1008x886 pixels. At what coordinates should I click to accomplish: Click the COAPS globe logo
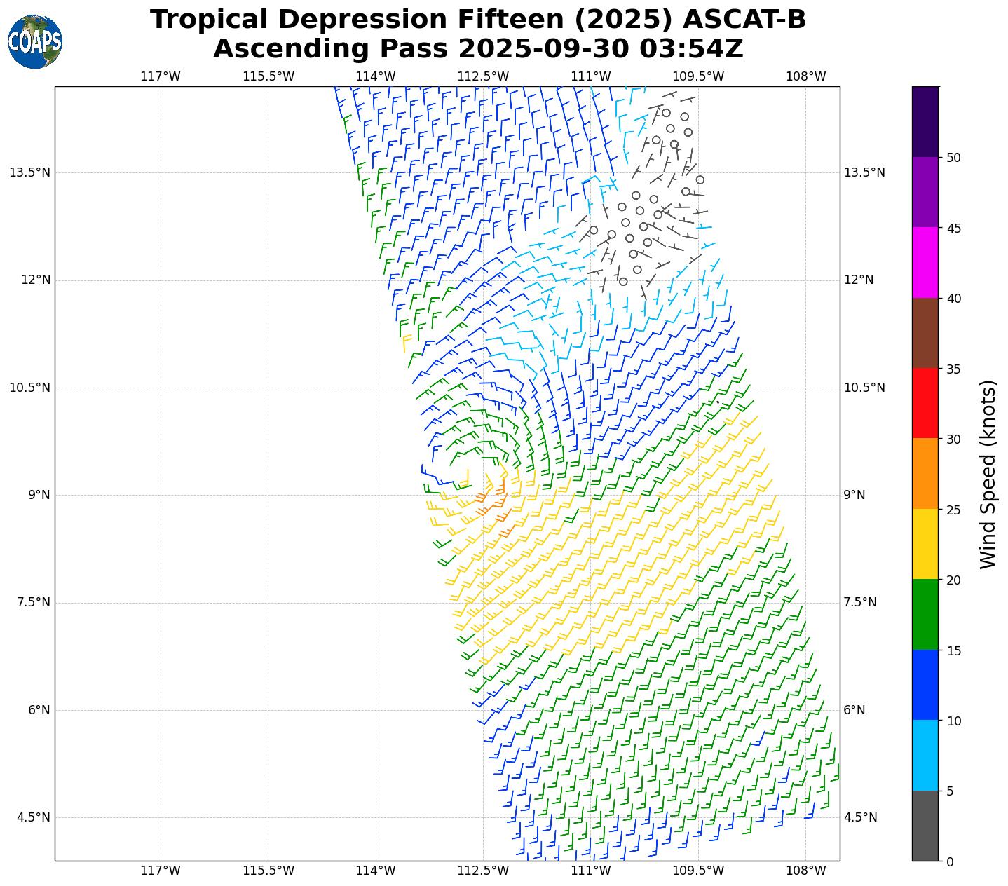[35, 42]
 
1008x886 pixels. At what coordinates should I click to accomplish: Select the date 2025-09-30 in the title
[545, 49]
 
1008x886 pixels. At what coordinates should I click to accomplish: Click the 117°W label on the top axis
[161, 76]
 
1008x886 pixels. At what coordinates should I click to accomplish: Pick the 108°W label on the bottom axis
[805, 871]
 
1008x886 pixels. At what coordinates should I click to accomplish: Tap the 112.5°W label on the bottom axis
[483, 871]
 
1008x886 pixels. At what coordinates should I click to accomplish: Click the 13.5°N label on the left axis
[30, 172]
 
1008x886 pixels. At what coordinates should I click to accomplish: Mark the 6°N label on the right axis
[854, 710]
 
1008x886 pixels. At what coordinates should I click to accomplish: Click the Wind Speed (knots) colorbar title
[988, 474]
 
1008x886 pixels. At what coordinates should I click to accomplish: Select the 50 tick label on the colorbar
[953, 158]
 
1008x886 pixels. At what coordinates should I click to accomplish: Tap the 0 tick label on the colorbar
[949, 861]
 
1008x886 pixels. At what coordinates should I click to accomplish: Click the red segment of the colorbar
[925, 403]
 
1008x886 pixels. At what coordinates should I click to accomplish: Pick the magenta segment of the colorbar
[925, 262]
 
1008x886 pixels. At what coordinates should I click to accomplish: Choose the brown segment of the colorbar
[925, 333]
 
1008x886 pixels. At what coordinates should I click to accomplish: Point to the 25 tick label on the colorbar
[953, 510]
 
